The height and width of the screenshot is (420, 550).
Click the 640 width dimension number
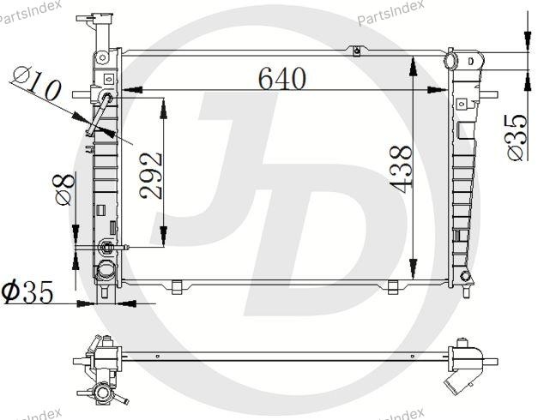pyautogui.click(x=282, y=79)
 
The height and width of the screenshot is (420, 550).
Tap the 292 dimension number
pyautogui.click(x=151, y=175)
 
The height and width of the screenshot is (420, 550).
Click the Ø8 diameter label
pyautogui.click(x=65, y=189)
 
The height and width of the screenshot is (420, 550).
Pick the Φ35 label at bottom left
pyautogui.click(x=27, y=291)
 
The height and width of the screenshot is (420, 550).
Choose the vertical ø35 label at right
pyautogui.click(x=516, y=137)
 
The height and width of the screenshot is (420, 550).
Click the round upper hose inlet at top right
pyautogui.click(x=450, y=61)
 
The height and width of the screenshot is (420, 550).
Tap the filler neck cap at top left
pyautogui.click(x=95, y=18)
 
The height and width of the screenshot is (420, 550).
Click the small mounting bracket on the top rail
pyautogui.click(x=356, y=51)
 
